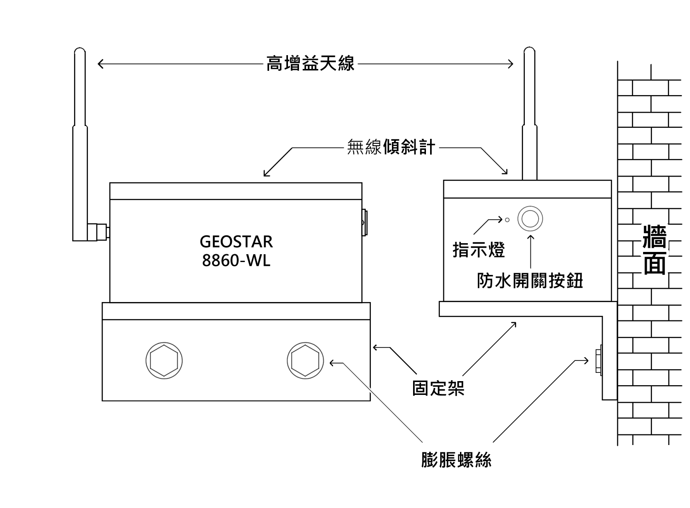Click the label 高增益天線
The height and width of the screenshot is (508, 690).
[x=310, y=63]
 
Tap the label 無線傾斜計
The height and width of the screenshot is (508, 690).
[x=391, y=148]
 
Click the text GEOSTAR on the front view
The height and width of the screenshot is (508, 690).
[x=236, y=241]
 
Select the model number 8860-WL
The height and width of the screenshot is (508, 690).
[x=236, y=261]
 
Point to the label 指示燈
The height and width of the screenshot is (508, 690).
[x=479, y=250]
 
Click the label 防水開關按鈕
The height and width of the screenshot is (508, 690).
[x=530, y=280]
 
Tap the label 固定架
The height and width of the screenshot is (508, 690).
[x=438, y=388]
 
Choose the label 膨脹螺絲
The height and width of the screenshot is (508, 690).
[x=456, y=459]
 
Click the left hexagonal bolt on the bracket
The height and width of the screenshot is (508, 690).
[x=164, y=360]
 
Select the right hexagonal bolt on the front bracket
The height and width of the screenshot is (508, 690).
[x=305, y=360]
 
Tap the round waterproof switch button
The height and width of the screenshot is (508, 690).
[x=530, y=218]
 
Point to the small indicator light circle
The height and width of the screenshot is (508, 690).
[x=507, y=220]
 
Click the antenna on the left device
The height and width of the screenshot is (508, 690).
[x=80, y=138]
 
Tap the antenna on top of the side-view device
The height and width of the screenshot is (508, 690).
[x=529, y=115]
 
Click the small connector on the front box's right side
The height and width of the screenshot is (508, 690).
[x=364, y=223]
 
